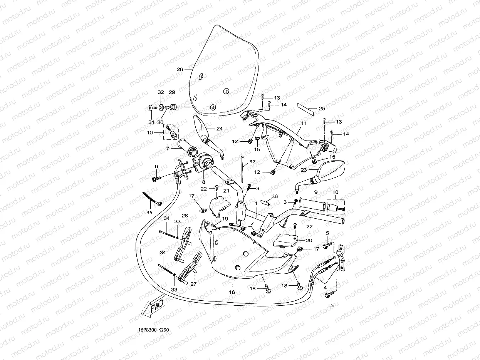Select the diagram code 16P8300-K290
coord(154,330)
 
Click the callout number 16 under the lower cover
coord(232,292)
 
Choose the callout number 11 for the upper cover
coord(304,123)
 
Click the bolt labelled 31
coord(151,108)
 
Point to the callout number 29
coord(172,92)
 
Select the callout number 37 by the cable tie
coord(252,162)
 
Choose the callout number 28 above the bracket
coord(185,216)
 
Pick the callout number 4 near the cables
coord(325,287)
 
